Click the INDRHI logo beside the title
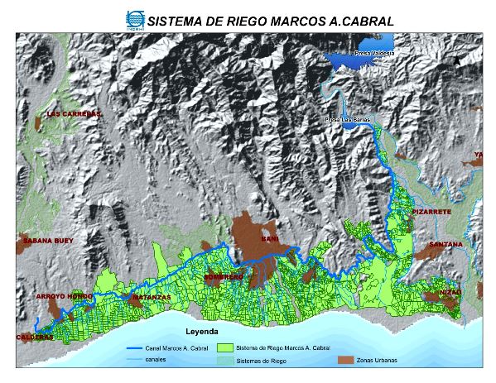134,18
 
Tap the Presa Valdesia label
373,53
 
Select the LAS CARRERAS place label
75,113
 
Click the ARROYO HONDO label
64,295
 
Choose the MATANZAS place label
152,295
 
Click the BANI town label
268,239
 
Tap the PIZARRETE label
431,213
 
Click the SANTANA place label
445,245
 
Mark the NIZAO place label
450,291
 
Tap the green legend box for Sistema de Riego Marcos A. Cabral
224,348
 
